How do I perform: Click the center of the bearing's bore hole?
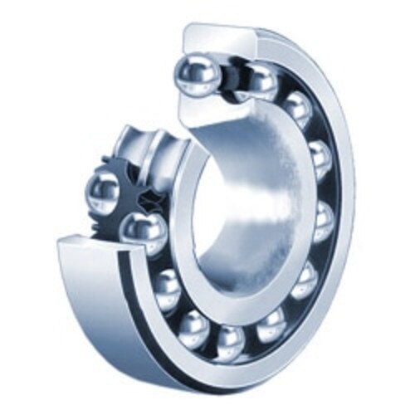pyautogui.click(x=237, y=207)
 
